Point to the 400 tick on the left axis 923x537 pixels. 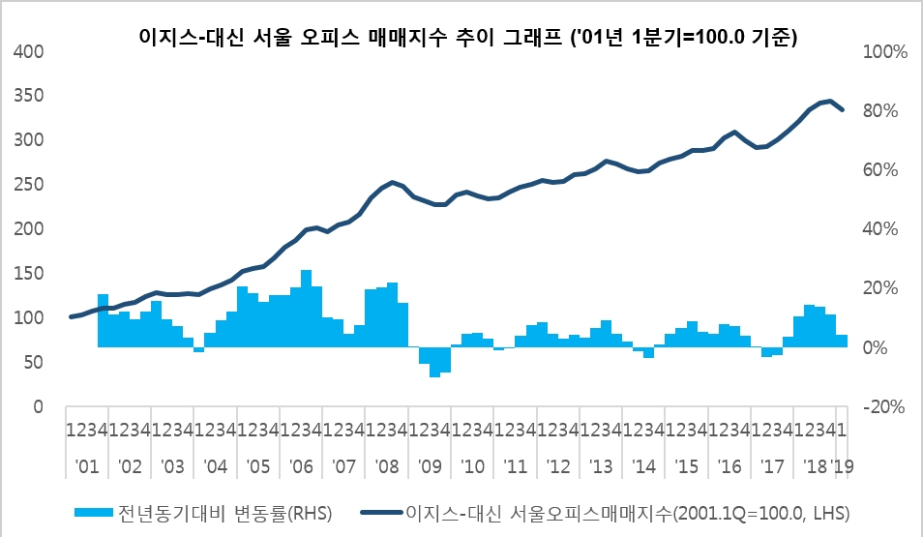(32, 51)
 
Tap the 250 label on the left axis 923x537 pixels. (32, 185)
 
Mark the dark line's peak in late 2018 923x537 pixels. (830, 101)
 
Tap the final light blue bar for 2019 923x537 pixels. (842, 341)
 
